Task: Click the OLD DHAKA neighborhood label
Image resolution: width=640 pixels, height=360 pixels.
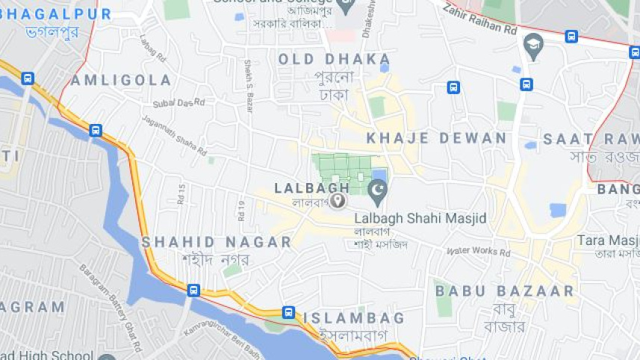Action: [x=334, y=59]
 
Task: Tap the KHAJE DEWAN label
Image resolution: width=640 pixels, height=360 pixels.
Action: [x=436, y=138]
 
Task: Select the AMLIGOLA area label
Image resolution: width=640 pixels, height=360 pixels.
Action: [x=122, y=80]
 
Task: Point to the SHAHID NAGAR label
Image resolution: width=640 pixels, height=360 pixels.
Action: [x=216, y=242]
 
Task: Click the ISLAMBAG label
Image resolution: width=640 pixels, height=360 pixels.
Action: [x=353, y=318]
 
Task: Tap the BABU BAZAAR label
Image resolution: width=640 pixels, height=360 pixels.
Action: [x=505, y=291]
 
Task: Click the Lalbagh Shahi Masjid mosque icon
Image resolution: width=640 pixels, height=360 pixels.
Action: [x=378, y=193]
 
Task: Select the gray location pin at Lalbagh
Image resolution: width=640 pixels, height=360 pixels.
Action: [x=338, y=200]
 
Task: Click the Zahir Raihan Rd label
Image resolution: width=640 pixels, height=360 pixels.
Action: [x=479, y=20]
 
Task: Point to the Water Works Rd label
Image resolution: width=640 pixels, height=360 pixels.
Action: [x=478, y=252]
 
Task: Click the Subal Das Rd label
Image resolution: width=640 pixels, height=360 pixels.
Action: [x=173, y=103]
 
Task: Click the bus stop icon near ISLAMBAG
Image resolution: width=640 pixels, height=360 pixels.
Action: [x=288, y=312]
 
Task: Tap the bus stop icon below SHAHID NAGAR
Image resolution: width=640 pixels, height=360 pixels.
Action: [x=193, y=290]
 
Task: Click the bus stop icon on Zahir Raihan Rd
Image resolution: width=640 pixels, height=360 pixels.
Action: [x=571, y=36]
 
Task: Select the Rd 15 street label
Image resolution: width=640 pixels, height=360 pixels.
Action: [x=181, y=193]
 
